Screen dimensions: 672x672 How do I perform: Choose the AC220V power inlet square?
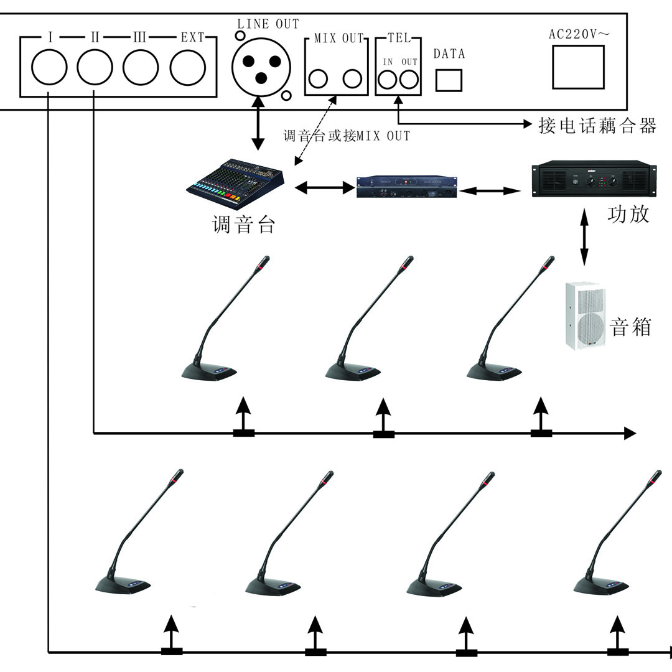pos(577,66)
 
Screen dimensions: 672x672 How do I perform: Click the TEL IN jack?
pos(388,80)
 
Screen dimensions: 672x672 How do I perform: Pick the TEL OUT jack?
pos(409,80)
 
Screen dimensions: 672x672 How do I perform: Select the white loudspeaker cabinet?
pos(585,315)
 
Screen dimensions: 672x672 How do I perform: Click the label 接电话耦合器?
pos(597,126)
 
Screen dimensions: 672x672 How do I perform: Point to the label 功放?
pos(628,214)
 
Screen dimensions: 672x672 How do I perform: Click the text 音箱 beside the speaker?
pos(631,326)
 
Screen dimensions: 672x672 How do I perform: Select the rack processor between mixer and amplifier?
pos(407,187)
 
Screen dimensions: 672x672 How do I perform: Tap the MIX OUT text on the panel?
pos(338,39)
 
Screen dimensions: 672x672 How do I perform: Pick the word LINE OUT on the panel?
pos(268,24)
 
